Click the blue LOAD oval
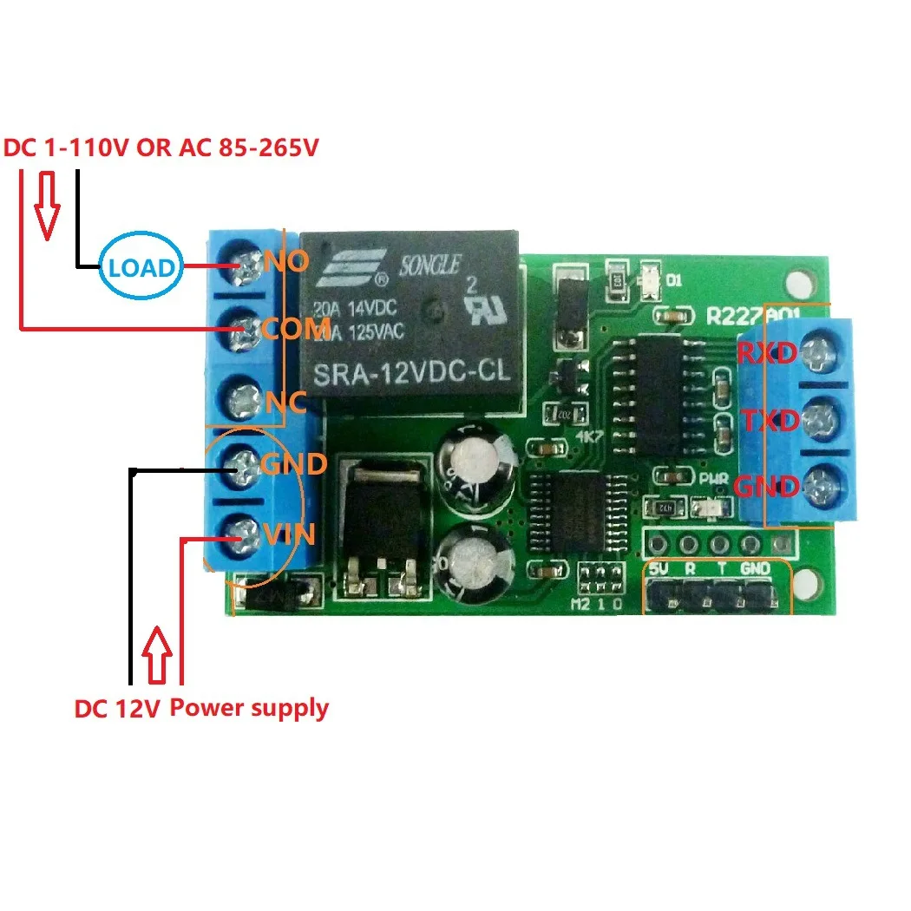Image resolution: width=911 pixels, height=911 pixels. pyautogui.click(x=141, y=267)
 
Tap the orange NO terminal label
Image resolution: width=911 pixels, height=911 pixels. pyautogui.click(x=285, y=260)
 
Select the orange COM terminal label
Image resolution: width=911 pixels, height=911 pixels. pyautogui.click(x=294, y=328)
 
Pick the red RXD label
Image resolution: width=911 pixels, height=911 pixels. pyautogui.click(x=767, y=353)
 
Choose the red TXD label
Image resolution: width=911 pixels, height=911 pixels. pyautogui.click(x=769, y=422)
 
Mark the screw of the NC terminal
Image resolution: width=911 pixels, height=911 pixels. pyautogui.click(x=246, y=402)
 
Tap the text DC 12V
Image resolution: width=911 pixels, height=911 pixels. pyautogui.click(x=116, y=710)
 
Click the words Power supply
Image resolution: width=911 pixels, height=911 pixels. pyautogui.click(x=249, y=708)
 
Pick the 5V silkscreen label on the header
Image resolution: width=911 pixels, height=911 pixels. pyautogui.click(x=659, y=569)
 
